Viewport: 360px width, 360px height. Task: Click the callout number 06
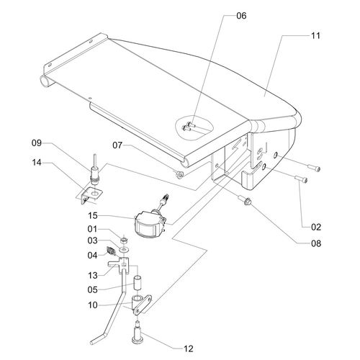click(x=241, y=16)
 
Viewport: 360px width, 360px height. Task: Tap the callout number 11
click(x=315, y=36)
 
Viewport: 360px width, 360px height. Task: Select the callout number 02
click(x=316, y=227)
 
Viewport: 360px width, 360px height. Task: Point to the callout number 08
click(x=316, y=243)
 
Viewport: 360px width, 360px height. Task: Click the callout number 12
click(x=188, y=348)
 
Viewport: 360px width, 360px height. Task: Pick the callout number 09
click(x=37, y=143)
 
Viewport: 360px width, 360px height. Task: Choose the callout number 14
click(x=37, y=163)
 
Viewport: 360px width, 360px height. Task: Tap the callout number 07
click(x=117, y=145)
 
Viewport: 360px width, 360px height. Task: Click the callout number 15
click(x=93, y=216)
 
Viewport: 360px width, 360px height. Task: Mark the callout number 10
click(x=93, y=305)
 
